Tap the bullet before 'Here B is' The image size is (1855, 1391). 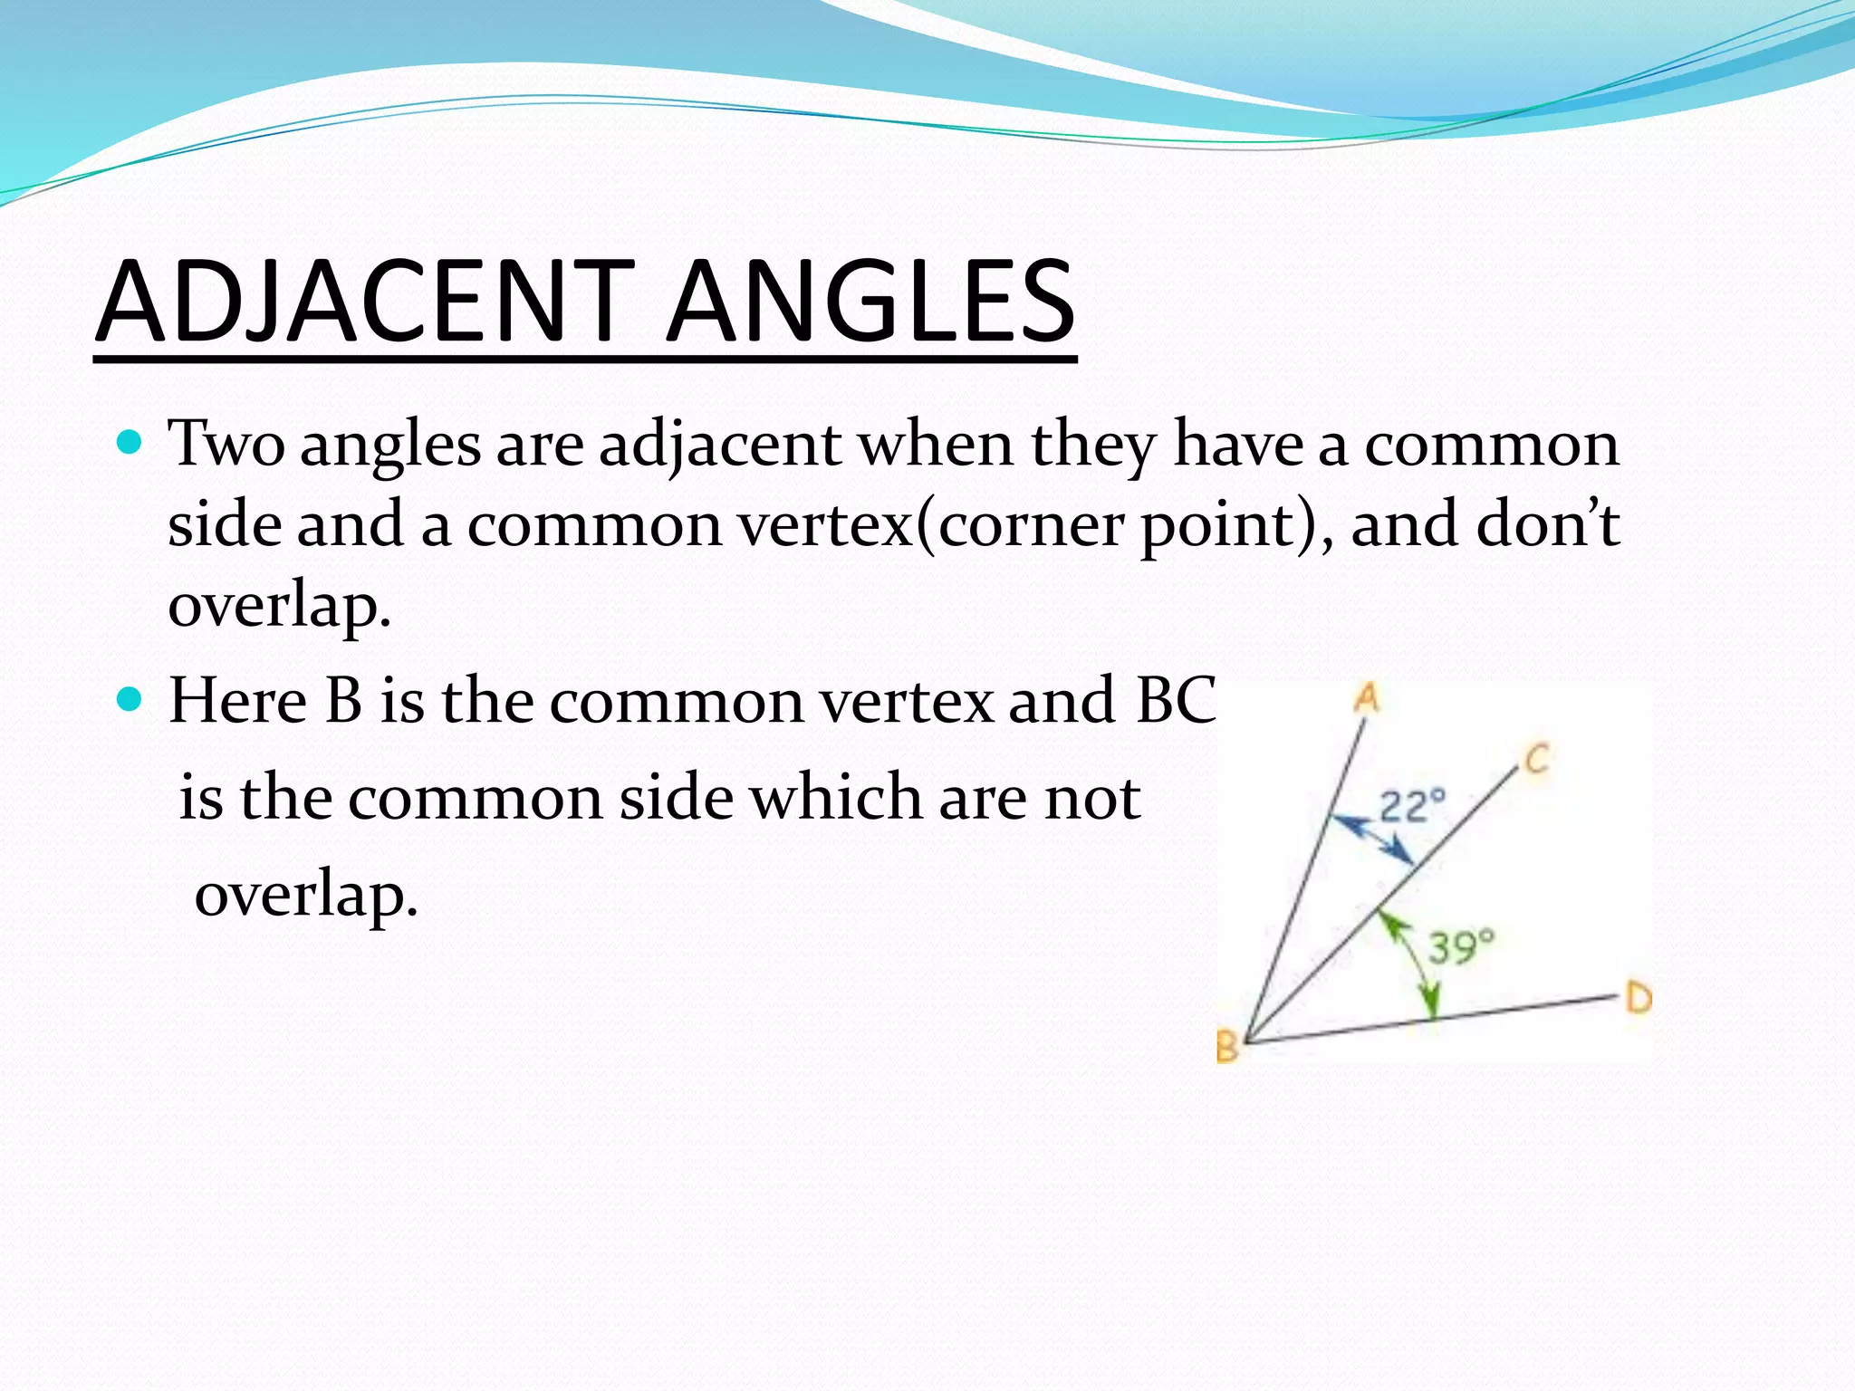point(130,700)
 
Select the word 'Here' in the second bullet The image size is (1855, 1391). point(237,701)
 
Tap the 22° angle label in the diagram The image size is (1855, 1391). point(1412,805)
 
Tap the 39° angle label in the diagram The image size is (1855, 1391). point(1461,947)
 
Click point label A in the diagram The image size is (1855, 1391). point(1367,698)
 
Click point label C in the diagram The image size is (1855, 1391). point(1537,759)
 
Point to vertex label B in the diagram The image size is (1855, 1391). point(1227,1048)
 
